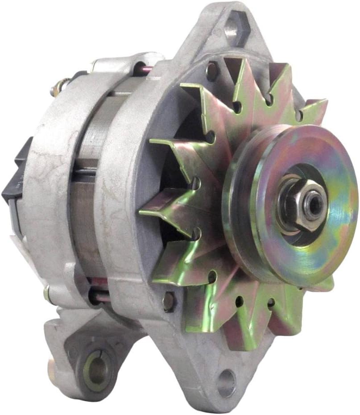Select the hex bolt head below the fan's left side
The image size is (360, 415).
point(169,301)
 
